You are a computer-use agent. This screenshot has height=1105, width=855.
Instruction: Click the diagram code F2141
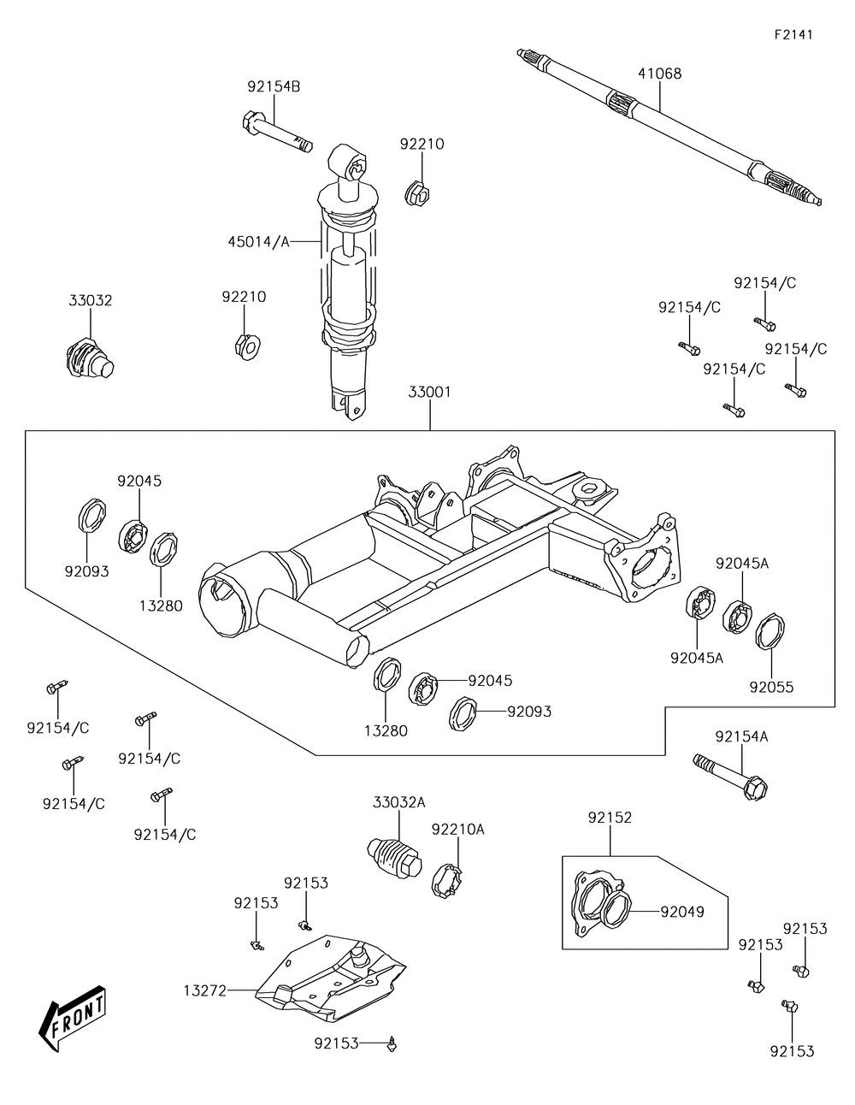tap(793, 35)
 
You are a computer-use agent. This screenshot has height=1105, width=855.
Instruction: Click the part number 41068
tap(659, 74)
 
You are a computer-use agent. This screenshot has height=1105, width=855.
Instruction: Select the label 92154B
tap(274, 86)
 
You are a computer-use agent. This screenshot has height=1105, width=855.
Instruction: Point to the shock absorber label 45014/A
tap(258, 242)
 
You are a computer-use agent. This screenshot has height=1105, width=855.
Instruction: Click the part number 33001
tap(429, 393)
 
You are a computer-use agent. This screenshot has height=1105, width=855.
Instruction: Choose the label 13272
tap(204, 990)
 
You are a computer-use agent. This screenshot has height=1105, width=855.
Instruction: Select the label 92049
tap(681, 912)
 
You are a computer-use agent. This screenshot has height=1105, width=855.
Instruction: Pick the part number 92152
tap(610, 818)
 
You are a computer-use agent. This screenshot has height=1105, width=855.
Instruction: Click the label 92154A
tap(741, 736)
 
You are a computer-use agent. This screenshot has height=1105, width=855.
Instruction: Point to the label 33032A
tap(398, 802)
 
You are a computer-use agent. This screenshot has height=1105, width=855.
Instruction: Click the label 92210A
tap(457, 830)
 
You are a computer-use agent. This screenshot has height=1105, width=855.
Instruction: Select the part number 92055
tap(771, 686)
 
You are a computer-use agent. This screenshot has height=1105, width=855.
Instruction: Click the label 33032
tap(91, 301)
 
